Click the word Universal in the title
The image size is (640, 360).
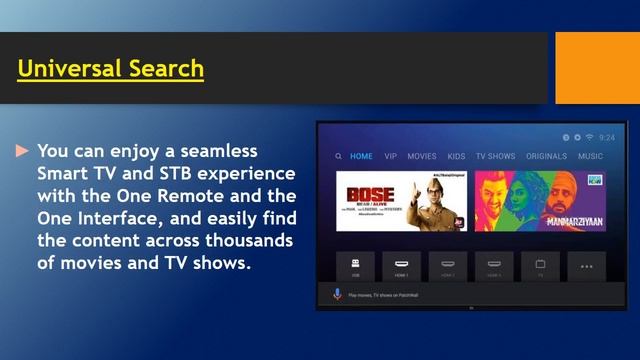[x=67, y=69]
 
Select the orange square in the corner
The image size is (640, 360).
[x=597, y=67]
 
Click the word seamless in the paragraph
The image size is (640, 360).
[x=216, y=151]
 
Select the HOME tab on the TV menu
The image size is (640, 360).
[x=361, y=156]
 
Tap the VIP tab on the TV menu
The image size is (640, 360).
[x=390, y=156]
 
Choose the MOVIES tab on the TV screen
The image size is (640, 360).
[x=421, y=156]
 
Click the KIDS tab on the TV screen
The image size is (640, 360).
[x=456, y=156]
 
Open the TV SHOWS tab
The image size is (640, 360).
[x=495, y=156]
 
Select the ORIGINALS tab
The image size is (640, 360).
[x=546, y=156]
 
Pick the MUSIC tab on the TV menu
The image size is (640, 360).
[x=590, y=156]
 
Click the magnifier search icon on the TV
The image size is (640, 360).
[x=339, y=156]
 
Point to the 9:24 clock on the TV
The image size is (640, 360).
[x=607, y=137]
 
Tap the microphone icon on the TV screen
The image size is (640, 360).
[x=337, y=294]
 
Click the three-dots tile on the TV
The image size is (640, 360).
[x=586, y=266]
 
